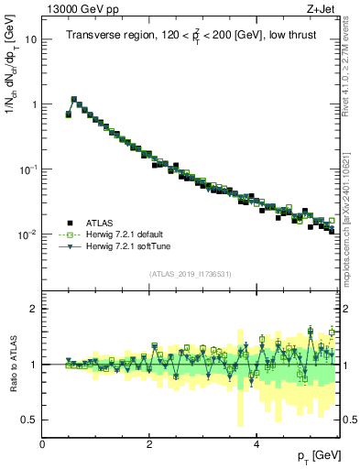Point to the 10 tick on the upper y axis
click(30, 39)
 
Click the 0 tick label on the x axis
click(42, 445)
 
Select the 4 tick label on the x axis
click(256, 445)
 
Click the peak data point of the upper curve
click(74, 99)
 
